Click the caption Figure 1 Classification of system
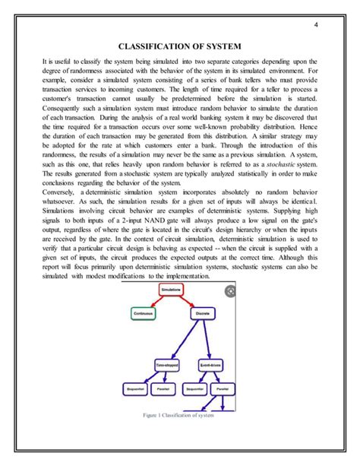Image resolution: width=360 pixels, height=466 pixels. click(x=180, y=415)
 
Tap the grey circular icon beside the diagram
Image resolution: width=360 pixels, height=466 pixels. click(x=230, y=290)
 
